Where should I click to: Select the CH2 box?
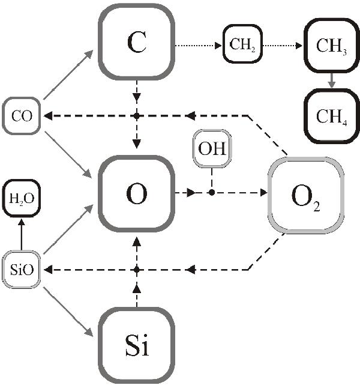point(243,44)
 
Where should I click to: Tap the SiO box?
point(22,270)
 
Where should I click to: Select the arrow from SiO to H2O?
point(22,234)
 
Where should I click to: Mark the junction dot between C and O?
point(137,115)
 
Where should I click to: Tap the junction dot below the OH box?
point(211,193)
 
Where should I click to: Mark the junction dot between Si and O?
point(137,270)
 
